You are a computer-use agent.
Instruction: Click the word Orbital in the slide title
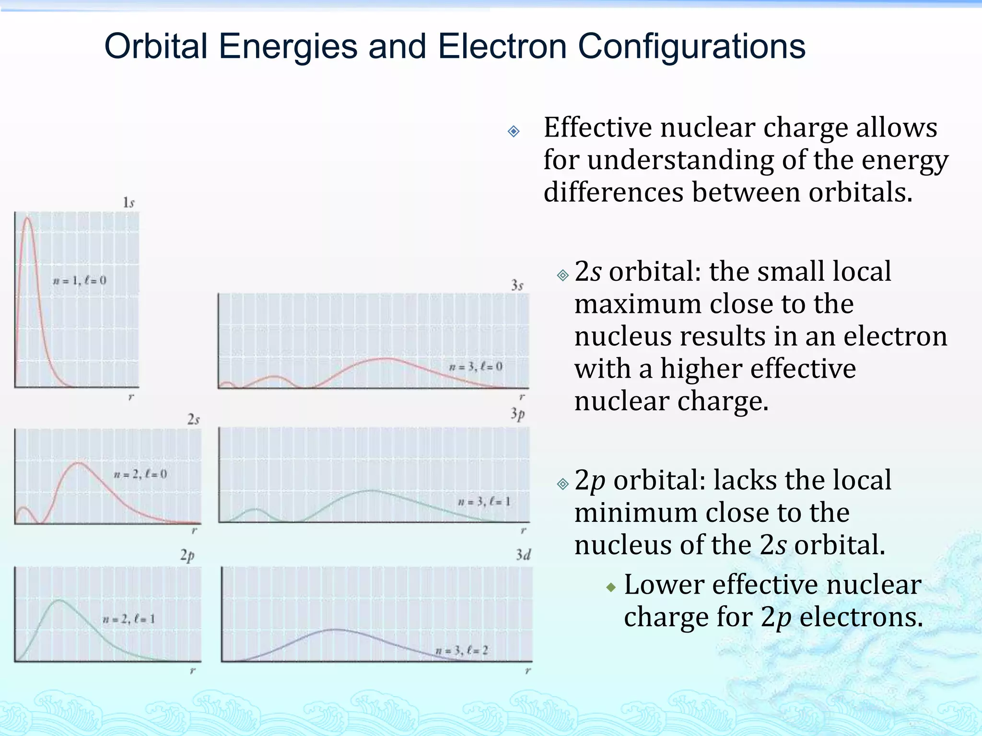[156, 46]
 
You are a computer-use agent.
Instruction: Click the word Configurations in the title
[691, 46]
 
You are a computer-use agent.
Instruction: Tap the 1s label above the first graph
[129, 203]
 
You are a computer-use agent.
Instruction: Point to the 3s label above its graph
[517, 286]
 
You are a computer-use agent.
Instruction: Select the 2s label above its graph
[193, 420]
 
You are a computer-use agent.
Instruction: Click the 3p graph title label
[517, 414]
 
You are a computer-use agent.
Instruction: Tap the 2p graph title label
[187, 555]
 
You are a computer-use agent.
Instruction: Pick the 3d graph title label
[523, 555]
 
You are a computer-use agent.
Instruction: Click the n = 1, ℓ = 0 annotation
[80, 280]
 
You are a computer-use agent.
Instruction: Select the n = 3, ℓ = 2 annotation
[462, 650]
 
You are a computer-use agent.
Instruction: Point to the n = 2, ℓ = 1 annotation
[129, 619]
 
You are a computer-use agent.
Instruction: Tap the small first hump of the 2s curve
[23, 508]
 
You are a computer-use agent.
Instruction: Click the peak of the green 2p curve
[59, 600]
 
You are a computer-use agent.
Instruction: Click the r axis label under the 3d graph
[527, 670]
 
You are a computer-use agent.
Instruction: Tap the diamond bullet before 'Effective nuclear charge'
[514, 131]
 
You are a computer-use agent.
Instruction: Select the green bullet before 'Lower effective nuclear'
[610, 587]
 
